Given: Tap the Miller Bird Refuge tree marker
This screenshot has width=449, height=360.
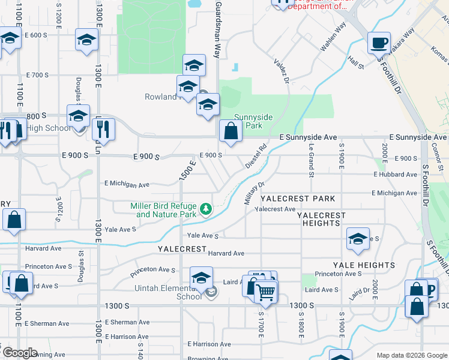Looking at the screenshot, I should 206,209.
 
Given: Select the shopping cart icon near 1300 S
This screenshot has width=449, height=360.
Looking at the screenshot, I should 265,293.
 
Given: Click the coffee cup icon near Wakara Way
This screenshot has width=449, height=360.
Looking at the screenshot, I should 379,43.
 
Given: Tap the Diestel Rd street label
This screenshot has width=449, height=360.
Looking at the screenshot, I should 256,155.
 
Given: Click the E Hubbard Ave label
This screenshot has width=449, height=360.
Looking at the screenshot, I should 394,175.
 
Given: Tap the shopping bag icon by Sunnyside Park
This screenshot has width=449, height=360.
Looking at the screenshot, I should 231,131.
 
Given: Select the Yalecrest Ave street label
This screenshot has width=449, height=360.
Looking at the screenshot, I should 275,209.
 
